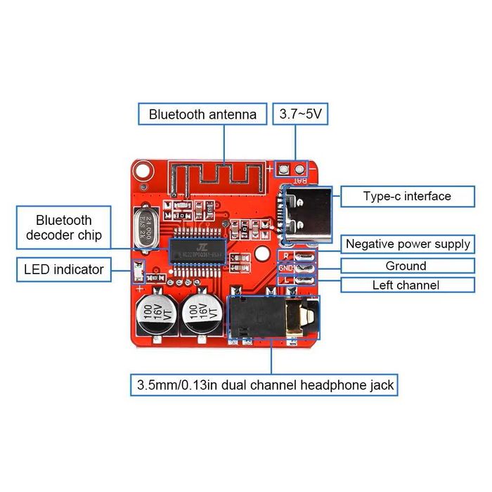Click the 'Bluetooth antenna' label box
pos(202,115)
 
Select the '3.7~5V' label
pos(301,115)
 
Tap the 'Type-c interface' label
pos(407,196)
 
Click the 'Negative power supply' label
pos(408,244)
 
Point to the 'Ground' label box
pos(406,266)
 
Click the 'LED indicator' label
pos(64,268)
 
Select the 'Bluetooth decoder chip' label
pos(64,227)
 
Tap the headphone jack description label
pos(264,385)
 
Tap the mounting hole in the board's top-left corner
pos(143,170)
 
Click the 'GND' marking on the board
pos(285,268)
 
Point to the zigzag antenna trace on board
pos(218,173)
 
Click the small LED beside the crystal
pos(138,269)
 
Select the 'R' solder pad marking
pos(285,256)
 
